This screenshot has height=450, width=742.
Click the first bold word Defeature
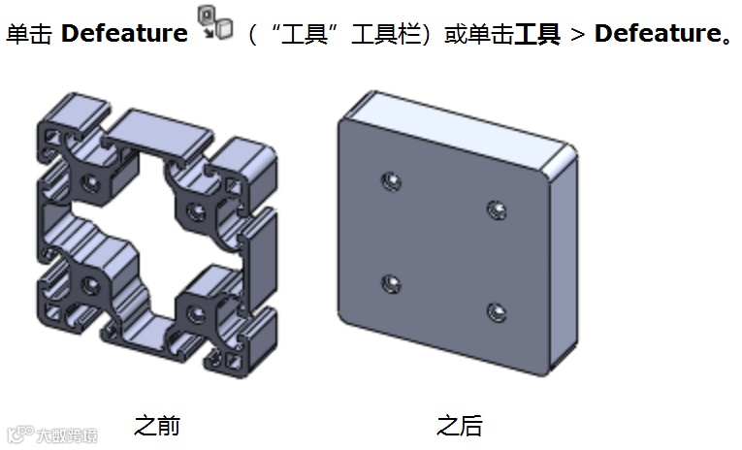[x=124, y=34]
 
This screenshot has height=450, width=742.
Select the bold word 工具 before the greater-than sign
[x=537, y=35]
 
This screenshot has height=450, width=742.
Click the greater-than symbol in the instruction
[x=577, y=35]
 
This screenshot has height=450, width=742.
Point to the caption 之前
[x=156, y=425]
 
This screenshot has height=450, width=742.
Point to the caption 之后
[x=459, y=425]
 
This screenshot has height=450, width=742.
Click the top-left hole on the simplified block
[x=391, y=181]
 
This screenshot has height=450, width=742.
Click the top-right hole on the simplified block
[x=497, y=209]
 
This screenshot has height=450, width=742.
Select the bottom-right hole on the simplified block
[x=496, y=312]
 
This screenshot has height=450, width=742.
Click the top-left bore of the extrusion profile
[x=91, y=181]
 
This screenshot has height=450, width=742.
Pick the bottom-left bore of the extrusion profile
[x=90, y=284]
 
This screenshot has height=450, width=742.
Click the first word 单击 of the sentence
[x=29, y=35]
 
